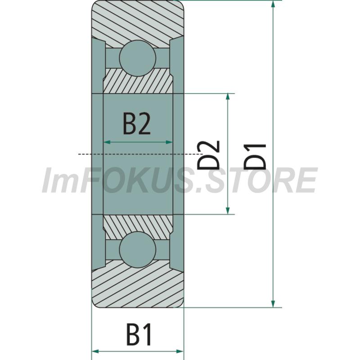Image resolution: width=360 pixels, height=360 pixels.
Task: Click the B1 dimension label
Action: (x=139, y=334)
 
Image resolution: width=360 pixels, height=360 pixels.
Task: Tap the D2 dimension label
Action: (x=209, y=155)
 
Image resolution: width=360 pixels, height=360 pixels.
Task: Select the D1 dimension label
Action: (x=255, y=157)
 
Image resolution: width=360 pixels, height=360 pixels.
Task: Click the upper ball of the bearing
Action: (x=138, y=58)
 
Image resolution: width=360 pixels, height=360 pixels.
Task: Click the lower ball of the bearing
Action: (x=138, y=250)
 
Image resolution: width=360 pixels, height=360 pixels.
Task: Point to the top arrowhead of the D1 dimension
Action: (x=273, y=4)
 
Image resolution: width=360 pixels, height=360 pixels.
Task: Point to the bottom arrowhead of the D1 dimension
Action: (x=273, y=303)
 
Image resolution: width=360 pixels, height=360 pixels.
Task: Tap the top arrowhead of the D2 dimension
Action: (x=228, y=98)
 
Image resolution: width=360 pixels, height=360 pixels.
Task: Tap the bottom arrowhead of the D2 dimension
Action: (x=228, y=210)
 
